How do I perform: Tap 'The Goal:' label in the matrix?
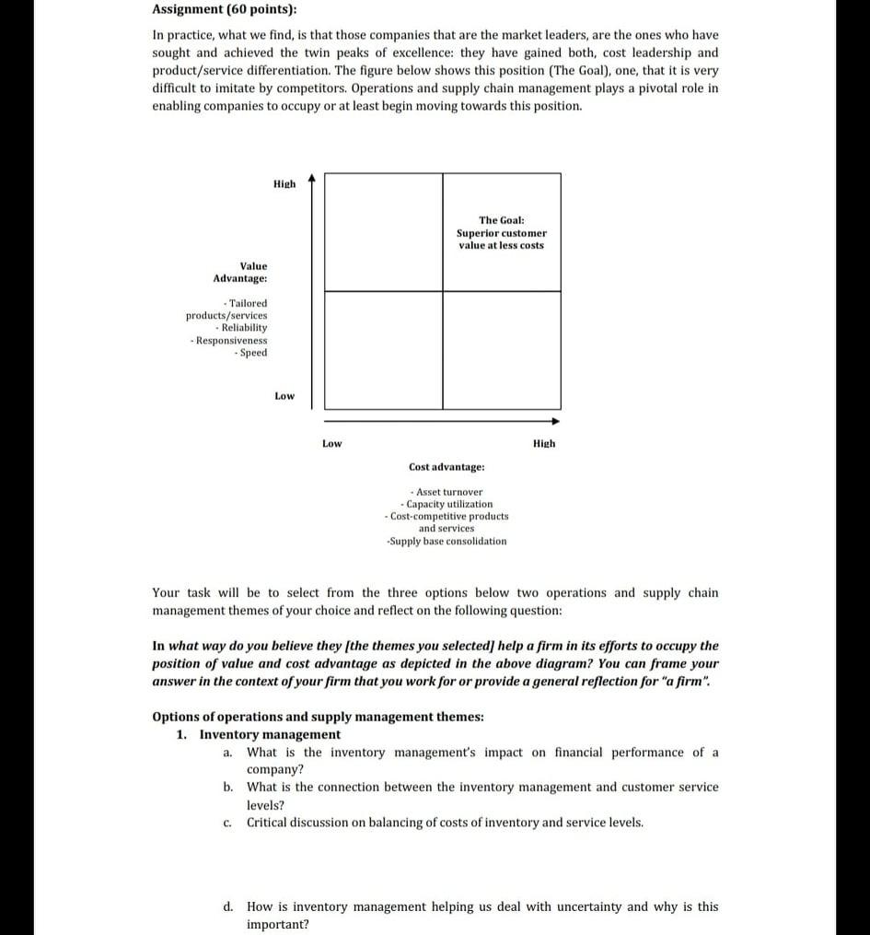(x=501, y=220)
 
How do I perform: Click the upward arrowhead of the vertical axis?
(x=311, y=178)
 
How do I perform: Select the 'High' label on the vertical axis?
(x=284, y=184)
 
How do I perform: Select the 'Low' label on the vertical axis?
(x=284, y=396)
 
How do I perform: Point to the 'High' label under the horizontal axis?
(x=544, y=444)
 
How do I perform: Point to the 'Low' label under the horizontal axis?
(x=331, y=444)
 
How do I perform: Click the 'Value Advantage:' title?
(x=241, y=272)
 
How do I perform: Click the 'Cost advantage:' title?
(x=447, y=468)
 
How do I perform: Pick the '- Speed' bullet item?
(x=250, y=353)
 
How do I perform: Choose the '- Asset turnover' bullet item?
(x=447, y=492)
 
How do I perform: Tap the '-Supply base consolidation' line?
(x=447, y=542)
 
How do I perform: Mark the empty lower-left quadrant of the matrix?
(x=383, y=350)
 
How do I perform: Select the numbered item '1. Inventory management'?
(x=259, y=734)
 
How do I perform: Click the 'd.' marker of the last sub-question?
(x=227, y=906)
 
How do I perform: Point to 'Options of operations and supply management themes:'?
(x=318, y=717)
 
